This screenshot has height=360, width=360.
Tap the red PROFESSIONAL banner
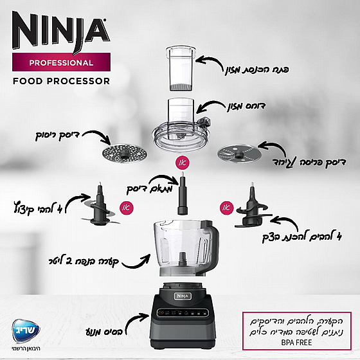pyautogui.click(x=61, y=63)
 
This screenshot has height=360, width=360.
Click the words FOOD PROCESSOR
pyautogui.click(x=61, y=82)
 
